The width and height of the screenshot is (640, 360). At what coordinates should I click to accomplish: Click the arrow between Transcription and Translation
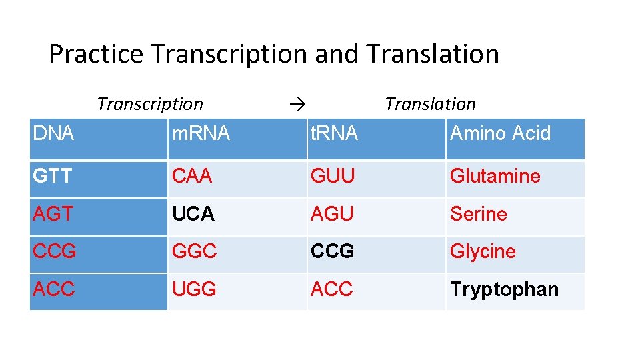pos(297,104)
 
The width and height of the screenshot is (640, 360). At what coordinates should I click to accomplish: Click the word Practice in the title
pos(96,54)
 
